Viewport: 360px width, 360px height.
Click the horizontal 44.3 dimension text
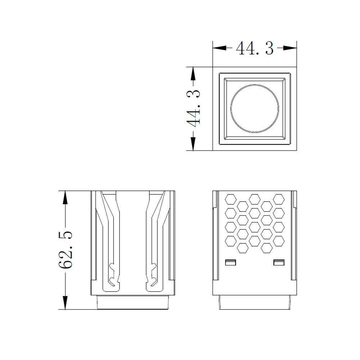tap(255, 48)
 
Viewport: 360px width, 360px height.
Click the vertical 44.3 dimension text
tap(194, 108)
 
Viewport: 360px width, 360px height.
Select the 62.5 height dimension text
tap(65, 250)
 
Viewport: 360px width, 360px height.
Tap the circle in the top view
tap(255, 108)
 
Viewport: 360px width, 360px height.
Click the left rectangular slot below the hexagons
tap(230, 262)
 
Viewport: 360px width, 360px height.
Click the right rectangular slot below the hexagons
tap(279, 262)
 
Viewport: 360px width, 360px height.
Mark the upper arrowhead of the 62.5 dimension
tap(65, 197)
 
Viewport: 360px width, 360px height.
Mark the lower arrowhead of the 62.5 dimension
tap(65, 303)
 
